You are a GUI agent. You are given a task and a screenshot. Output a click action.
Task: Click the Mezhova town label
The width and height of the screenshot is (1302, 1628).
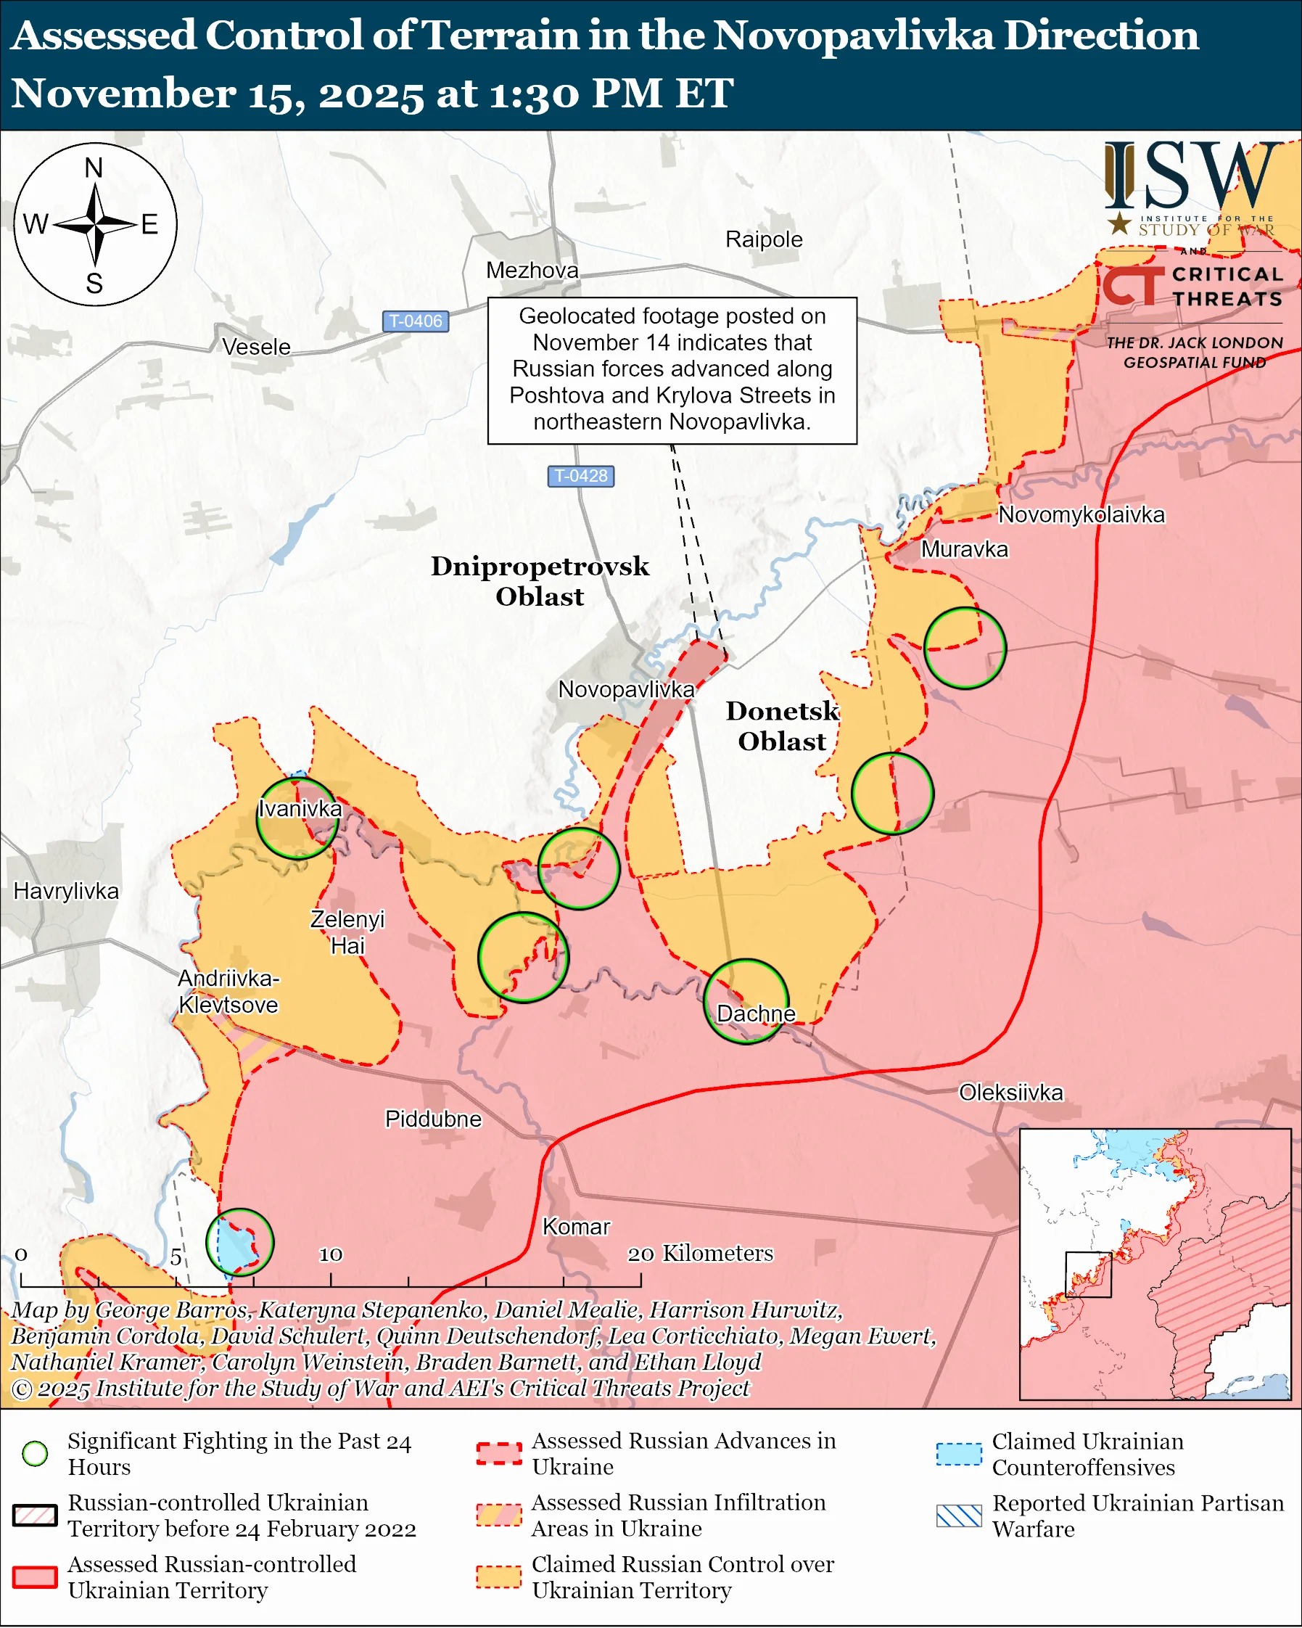532,271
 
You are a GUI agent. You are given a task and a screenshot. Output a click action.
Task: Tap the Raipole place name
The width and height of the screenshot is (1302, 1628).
764,239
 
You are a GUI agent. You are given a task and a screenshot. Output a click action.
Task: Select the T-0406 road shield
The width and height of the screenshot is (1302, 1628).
416,321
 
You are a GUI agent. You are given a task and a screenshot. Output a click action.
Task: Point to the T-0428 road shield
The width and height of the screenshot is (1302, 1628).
580,476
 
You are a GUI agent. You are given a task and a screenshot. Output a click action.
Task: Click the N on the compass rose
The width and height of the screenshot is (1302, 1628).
94,168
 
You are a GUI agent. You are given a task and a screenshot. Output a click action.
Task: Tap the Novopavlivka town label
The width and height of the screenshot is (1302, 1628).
626,689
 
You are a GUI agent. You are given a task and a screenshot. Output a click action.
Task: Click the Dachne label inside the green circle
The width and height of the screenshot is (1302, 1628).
756,1014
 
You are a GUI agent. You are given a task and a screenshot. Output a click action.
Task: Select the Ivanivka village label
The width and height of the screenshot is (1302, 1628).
300,809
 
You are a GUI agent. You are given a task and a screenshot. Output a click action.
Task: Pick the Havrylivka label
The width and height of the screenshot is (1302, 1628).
67,891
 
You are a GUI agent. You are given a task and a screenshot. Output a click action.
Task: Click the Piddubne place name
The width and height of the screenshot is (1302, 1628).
433,1118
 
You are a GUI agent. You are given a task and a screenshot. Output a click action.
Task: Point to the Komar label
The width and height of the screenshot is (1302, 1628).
576,1226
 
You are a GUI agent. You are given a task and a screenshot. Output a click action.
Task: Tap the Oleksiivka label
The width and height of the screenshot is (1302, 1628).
1010,1092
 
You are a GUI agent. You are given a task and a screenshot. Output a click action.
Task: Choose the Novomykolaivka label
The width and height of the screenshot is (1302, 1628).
1081,515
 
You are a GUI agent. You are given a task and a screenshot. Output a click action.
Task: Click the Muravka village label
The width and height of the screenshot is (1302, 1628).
965,549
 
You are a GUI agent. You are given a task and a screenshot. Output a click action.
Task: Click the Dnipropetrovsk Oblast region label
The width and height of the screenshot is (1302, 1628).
540,581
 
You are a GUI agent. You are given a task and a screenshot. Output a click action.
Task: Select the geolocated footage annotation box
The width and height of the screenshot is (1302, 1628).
672,370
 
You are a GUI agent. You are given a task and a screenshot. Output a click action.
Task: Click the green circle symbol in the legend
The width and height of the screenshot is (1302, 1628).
36,1454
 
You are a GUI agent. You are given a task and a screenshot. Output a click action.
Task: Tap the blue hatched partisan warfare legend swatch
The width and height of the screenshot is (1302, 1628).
959,1516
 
